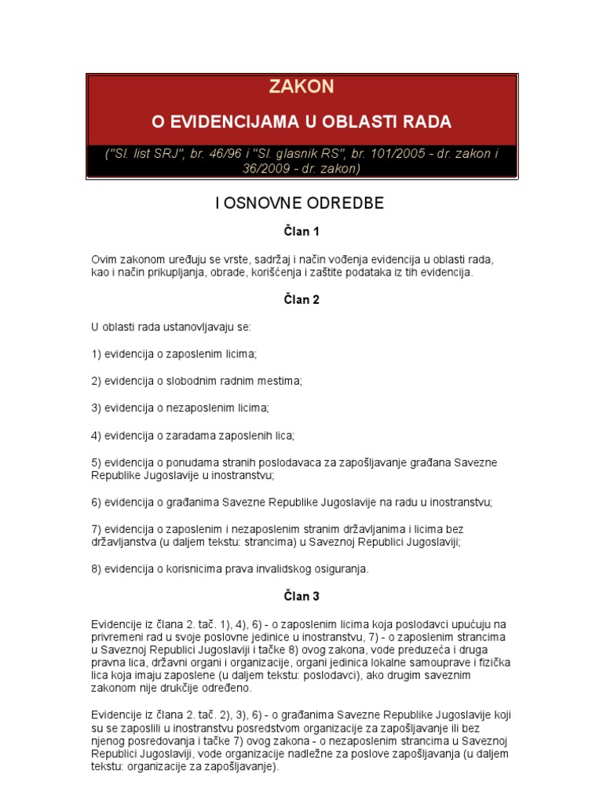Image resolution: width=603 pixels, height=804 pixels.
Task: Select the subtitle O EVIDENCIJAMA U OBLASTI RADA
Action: click(301, 122)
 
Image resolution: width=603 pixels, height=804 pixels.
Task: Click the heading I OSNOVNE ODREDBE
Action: click(301, 203)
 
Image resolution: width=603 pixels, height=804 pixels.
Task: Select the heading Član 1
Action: click(301, 232)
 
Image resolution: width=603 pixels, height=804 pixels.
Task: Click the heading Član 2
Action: click(301, 299)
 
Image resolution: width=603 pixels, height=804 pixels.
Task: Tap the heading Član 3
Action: click(301, 596)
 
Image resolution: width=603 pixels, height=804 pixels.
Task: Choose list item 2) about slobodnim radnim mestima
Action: click(196, 381)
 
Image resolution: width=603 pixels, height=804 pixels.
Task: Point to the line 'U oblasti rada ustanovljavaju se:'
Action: click(170, 327)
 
